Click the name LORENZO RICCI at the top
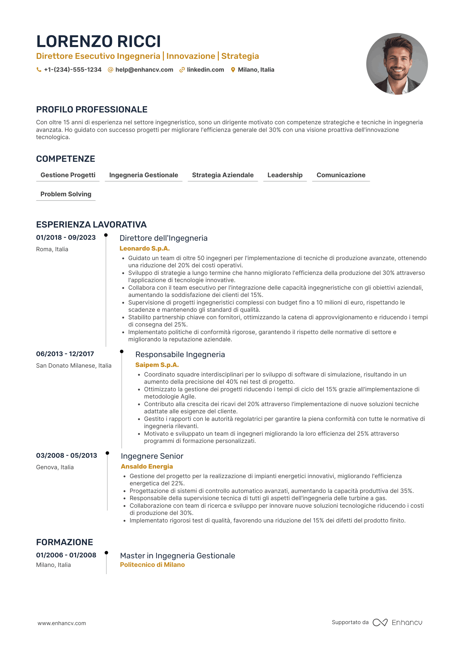click(x=98, y=41)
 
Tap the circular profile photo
click(x=397, y=64)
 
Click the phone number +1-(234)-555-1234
click(x=73, y=70)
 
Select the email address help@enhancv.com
click(x=144, y=70)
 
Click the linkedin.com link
click(x=205, y=70)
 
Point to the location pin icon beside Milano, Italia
click(x=233, y=70)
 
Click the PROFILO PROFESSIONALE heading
click(x=92, y=109)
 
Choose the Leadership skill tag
click(x=285, y=175)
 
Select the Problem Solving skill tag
click(x=66, y=194)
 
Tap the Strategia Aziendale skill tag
click(x=223, y=175)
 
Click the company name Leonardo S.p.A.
click(x=144, y=249)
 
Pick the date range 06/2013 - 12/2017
click(x=65, y=354)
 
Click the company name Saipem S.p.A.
click(x=157, y=365)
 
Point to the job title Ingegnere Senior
click(x=152, y=456)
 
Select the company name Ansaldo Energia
click(x=147, y=467)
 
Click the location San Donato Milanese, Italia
click(x=74, y=366)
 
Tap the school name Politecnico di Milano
click(x=152, y=565)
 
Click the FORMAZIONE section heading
click(x=64, y=542)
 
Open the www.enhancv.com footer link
click(x=62, y=623)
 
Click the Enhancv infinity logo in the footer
click(x=380, y=622)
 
